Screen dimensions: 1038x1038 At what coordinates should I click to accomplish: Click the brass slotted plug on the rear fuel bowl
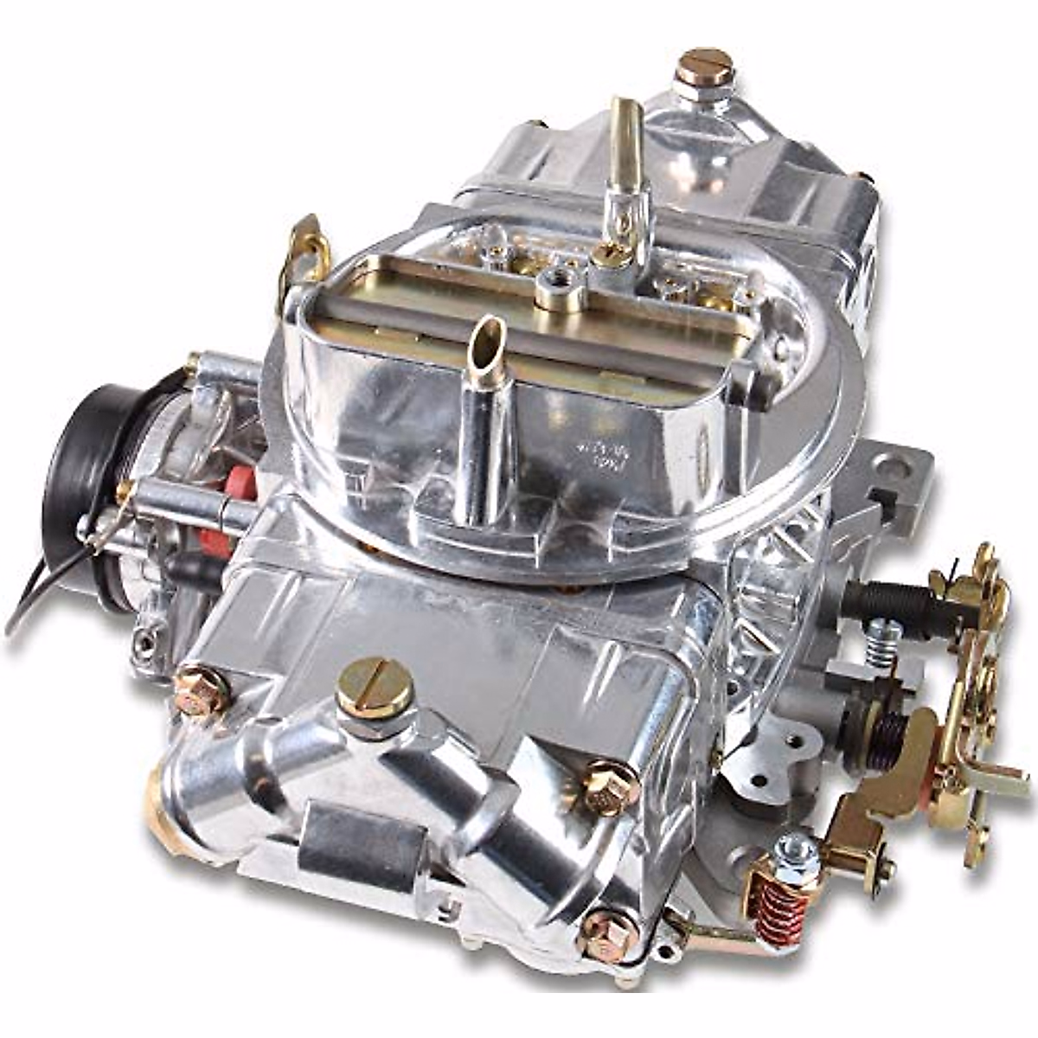coord(704,67)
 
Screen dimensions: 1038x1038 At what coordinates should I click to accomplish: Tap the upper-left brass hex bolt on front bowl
coord(201,689)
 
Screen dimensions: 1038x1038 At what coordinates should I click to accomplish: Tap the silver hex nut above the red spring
coord(796,852)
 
